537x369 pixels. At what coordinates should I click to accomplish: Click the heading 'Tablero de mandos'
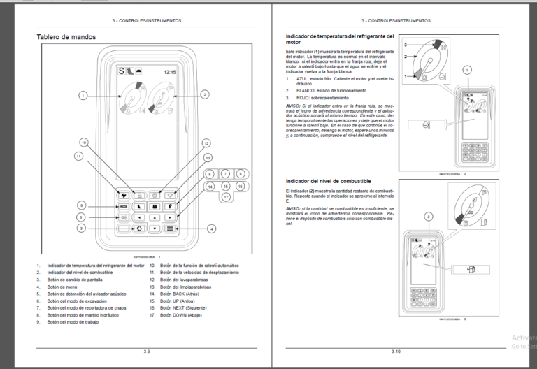[x=66, y=37]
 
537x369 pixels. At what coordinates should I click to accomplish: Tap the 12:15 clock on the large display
[x=170, y=71]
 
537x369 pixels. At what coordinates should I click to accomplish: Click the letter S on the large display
[x=120, y=71]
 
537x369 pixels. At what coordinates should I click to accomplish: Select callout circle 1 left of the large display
[x=83, y=94]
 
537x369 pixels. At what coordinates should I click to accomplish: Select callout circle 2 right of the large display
[x=204, y=94]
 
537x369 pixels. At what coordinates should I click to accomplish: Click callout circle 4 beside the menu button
[x=212, y=229]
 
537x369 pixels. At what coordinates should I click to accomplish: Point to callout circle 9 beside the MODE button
[x=82, y=205]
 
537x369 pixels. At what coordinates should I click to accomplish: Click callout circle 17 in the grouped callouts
[x=226, y=198]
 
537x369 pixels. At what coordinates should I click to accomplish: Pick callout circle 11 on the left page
[x=78, y=157]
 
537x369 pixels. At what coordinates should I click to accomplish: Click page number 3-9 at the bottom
[x=148, y=350]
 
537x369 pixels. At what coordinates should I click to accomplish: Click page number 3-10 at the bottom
[x=396, y=350]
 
